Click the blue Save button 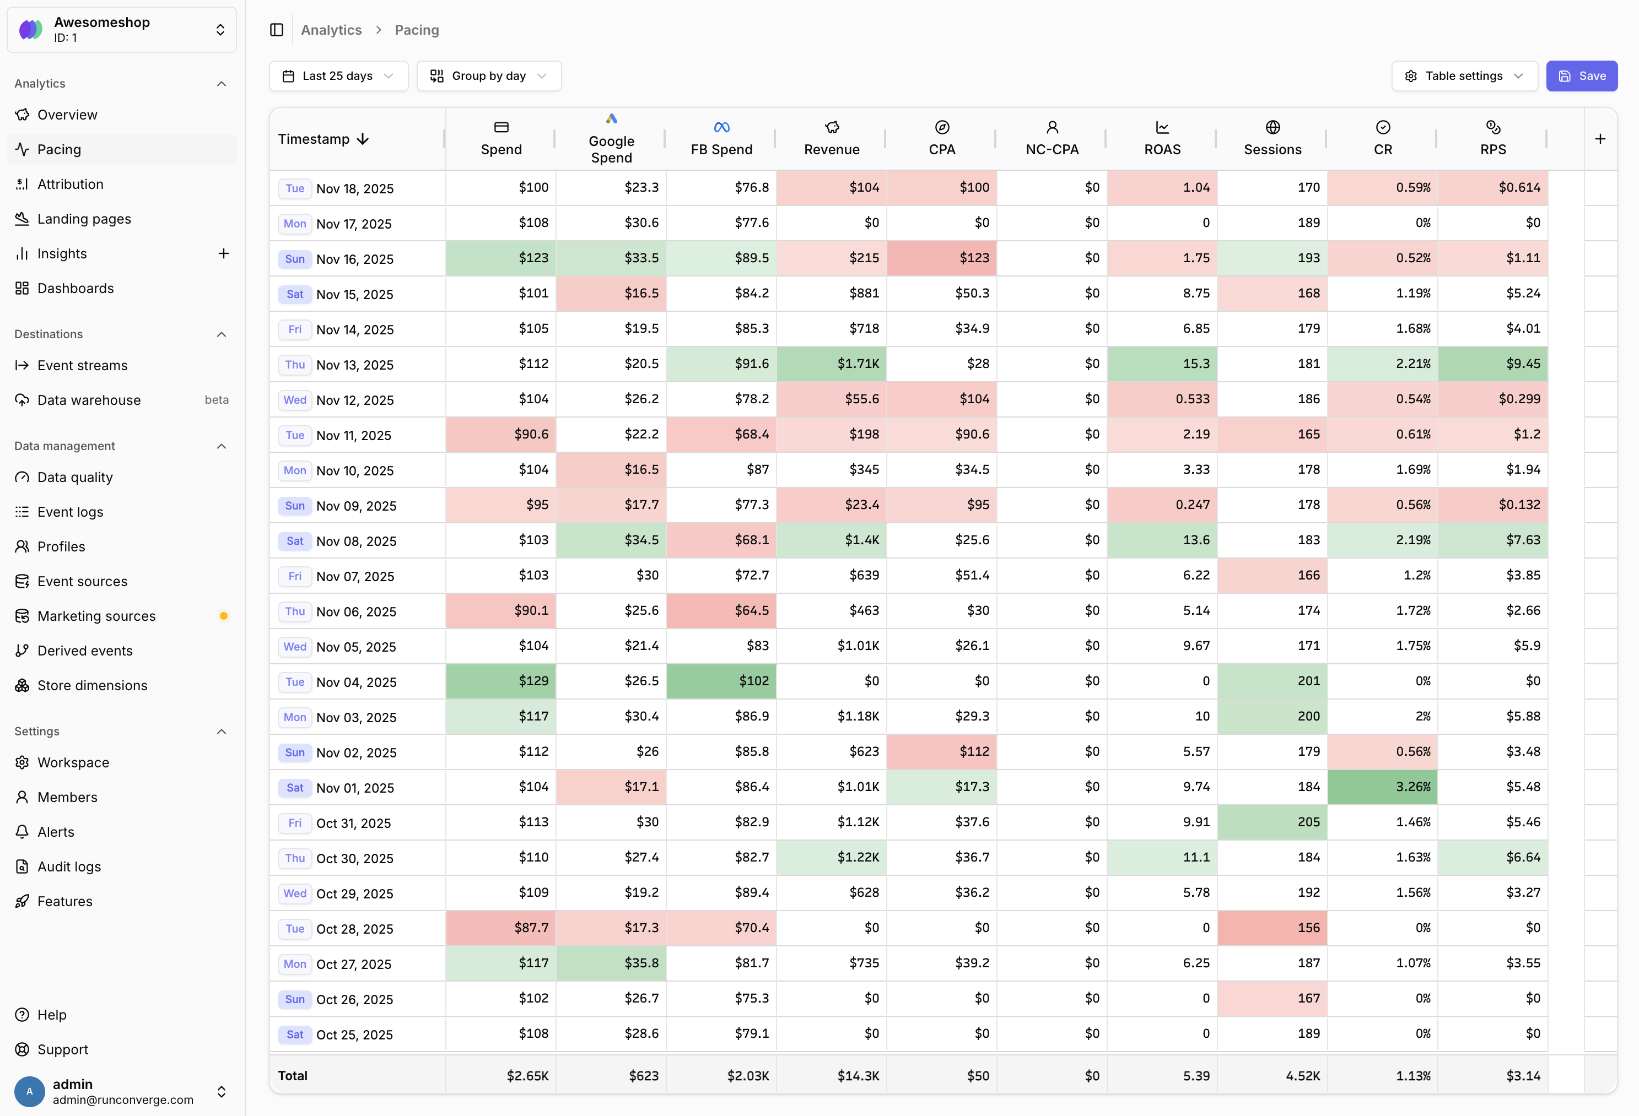[1581, 76]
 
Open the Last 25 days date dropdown [338, 76]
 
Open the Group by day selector [488, 76]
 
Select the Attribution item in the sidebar [70, 184]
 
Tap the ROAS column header [1162, 138]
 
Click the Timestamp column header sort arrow [363, 139]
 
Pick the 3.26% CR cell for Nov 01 [1382, 787]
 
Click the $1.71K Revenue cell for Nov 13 [832, 364]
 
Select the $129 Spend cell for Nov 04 [501, 681]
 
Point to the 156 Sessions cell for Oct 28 [1273, 928]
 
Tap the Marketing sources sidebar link [96, 616]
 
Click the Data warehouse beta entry [89, 400]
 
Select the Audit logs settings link [68, 866]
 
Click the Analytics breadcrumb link [331, 30]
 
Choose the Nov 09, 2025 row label [356, 506]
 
